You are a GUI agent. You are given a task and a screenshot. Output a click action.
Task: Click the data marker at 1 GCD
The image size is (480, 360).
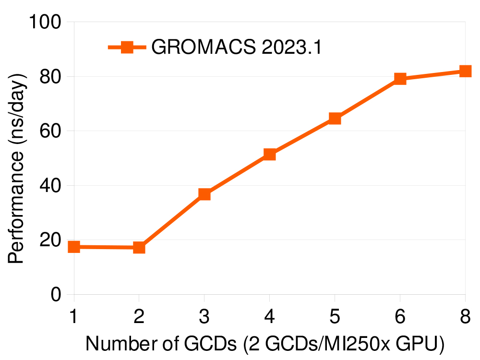pos(74,247)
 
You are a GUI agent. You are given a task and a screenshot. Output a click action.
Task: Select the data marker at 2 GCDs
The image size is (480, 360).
pos(139,248)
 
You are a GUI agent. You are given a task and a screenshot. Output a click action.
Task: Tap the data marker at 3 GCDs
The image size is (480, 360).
pos(204,194)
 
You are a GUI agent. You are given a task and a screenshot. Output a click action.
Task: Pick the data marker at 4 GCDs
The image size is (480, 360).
pos(269,154)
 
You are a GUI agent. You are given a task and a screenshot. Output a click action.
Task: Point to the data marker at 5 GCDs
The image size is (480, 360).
pos(335,119)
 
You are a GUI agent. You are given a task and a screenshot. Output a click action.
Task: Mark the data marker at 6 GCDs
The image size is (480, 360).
pos(400,78)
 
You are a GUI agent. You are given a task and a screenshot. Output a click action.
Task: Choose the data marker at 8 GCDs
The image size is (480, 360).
pos(465,71)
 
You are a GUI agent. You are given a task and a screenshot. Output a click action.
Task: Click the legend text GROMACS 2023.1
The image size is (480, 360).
pos(236,47)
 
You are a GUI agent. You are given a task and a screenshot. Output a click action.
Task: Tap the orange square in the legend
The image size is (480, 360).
pos(127,47)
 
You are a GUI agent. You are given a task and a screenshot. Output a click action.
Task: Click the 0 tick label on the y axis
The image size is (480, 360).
pos(56,294)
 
